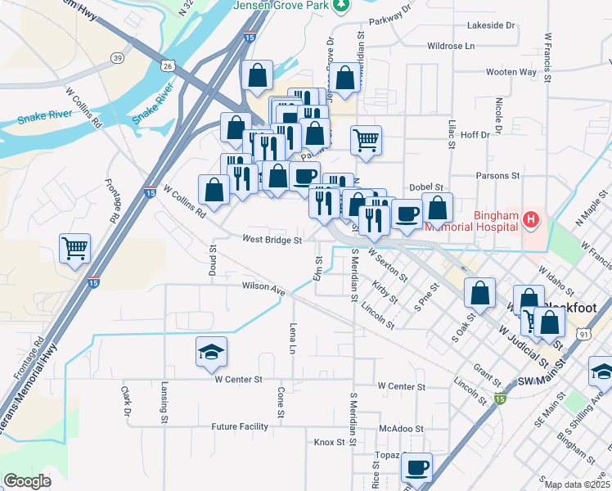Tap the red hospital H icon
(531, 218)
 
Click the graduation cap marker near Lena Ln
(211, 352)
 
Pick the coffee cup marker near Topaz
(416, 468)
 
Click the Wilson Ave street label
(263, 287)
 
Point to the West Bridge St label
(272, 241)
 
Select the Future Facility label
(240, 426)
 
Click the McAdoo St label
(402, 428)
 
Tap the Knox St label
(330, 442)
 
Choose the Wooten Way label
(516, 72)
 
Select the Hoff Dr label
(475, 135)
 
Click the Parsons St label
(498, 175)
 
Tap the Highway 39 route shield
(119, 57)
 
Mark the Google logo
(27, 481)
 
